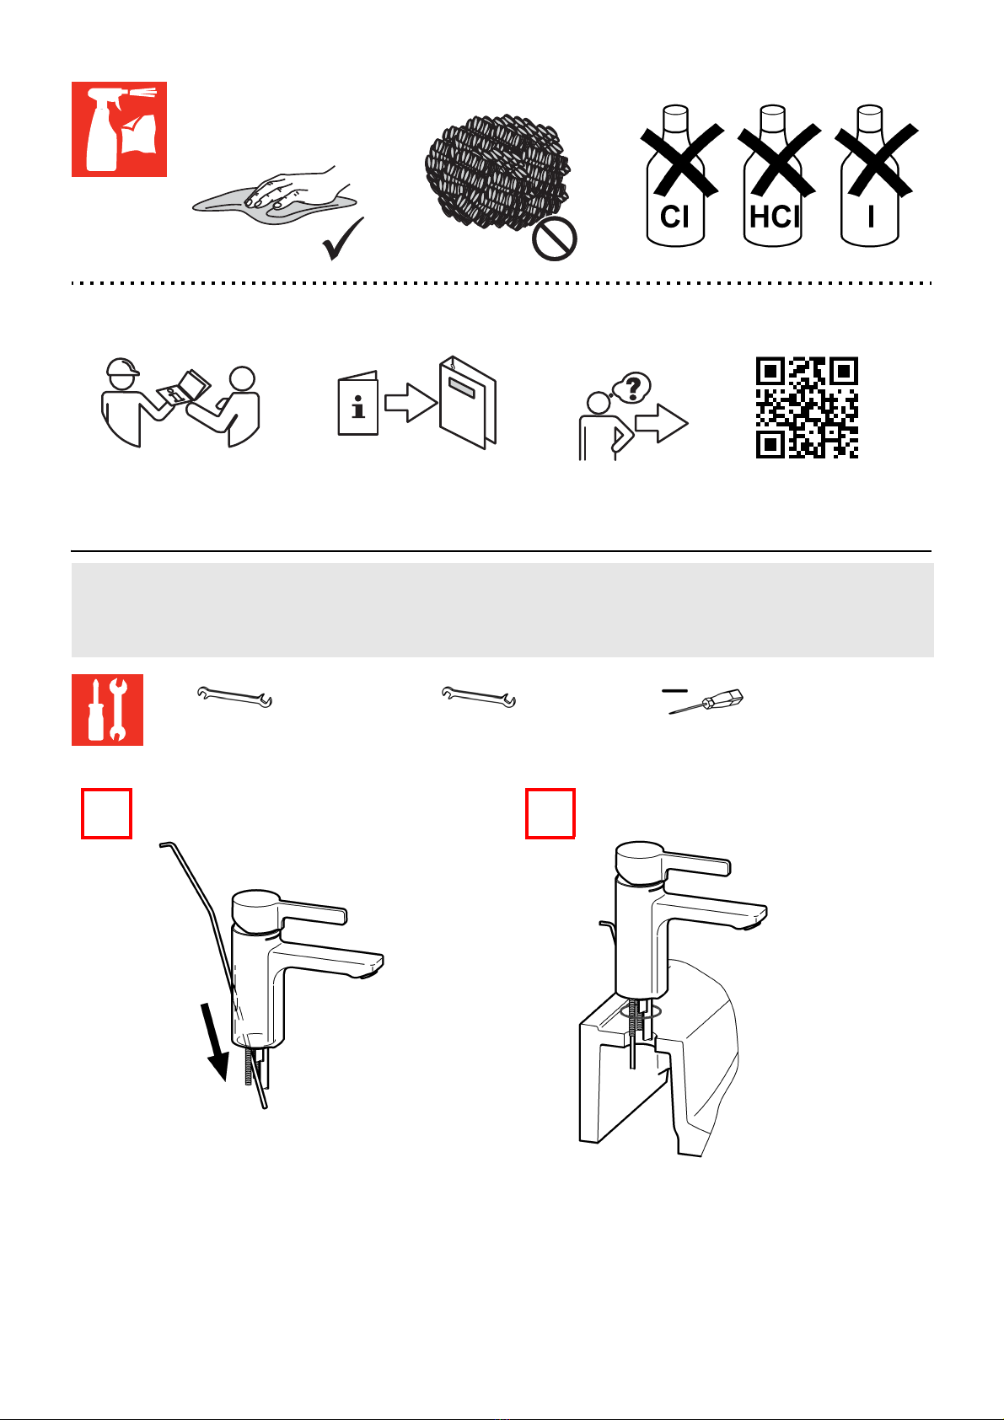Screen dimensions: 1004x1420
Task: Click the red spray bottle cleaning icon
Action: coord(119,129)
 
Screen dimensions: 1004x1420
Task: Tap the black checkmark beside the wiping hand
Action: coord(343,238)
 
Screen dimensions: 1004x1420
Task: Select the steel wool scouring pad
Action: coord(497,170)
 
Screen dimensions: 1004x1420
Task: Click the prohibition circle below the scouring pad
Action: coord(555,239)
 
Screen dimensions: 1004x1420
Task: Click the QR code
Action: coord(807,408)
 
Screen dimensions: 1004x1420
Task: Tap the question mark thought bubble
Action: coord(631,388)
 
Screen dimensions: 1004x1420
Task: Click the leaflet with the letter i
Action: coord(357,403)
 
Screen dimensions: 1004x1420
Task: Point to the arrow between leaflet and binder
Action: coord(411,403)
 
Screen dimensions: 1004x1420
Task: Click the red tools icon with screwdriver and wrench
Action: coord(107,710)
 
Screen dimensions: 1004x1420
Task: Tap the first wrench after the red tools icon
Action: coord(234,697)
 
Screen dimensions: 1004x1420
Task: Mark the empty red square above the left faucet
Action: coord(106,814)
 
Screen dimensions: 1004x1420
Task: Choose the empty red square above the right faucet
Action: coord(550,814)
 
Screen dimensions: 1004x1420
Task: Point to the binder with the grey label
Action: coord(468,403)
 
